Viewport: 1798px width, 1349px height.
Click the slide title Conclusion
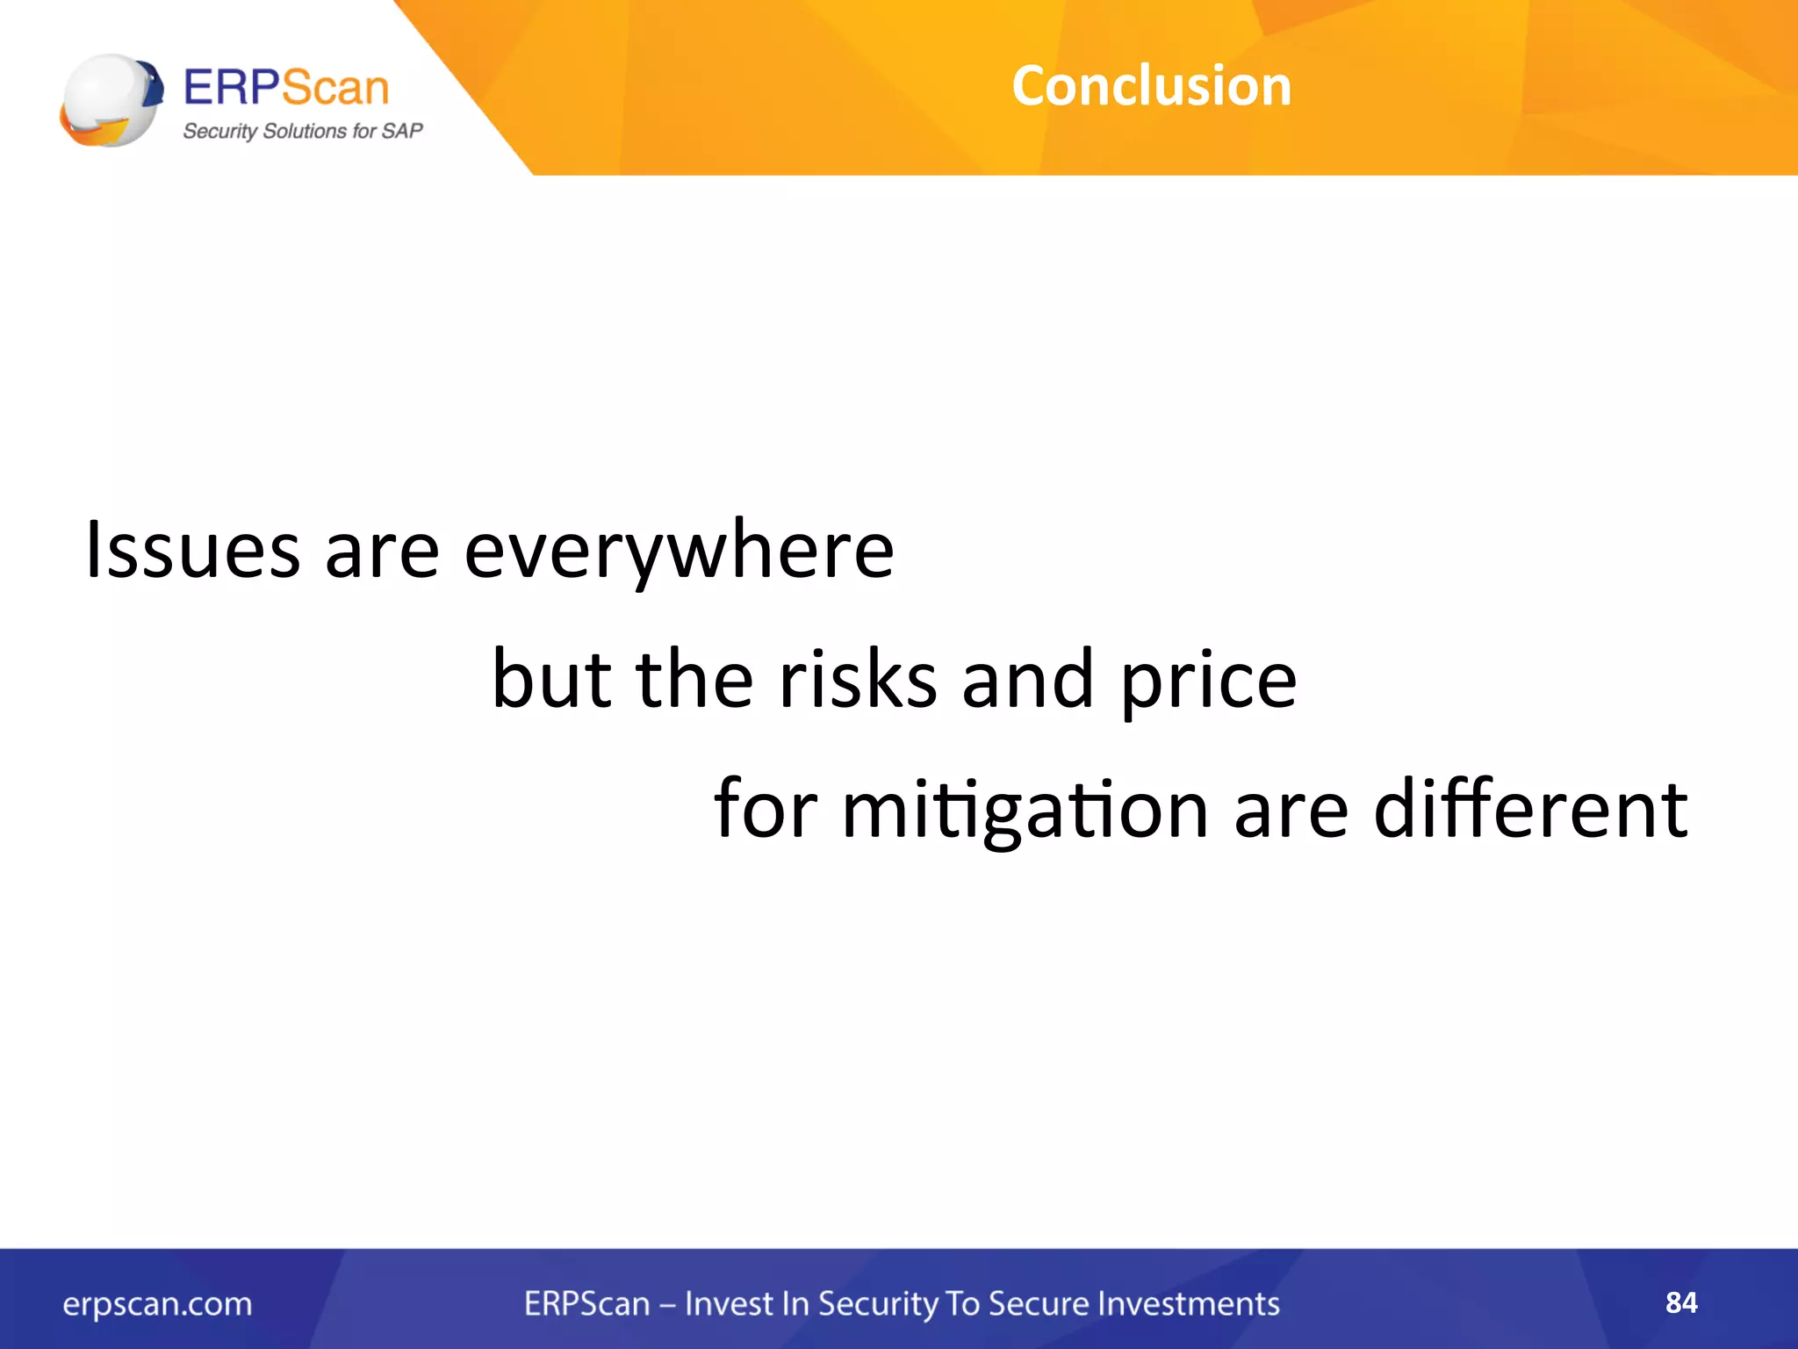point(1151,86)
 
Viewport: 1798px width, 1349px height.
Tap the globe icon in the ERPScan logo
point(111,100)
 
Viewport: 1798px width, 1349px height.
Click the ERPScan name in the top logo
point(285,88)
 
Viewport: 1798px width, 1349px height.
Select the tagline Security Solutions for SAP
point(302,132)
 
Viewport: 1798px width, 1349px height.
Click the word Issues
point(192,550)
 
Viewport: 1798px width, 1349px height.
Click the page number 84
point(1680,1302)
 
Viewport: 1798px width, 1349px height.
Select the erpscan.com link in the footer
point(157,1304)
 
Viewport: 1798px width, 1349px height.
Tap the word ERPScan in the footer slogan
point(586,1303)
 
